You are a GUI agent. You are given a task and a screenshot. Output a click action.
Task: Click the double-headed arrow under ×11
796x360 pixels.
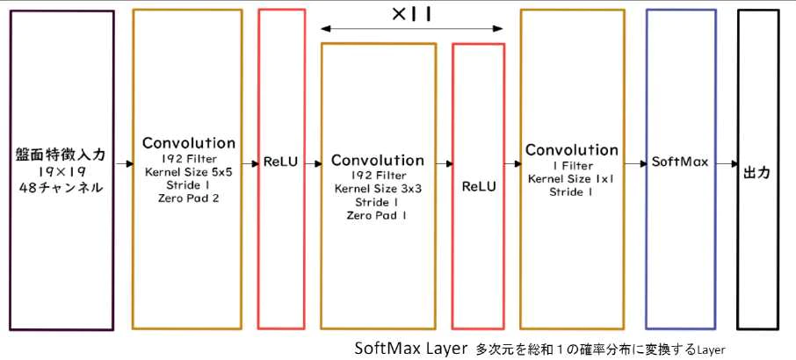(x=412, y=29)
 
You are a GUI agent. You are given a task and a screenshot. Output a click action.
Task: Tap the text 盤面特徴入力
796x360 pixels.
(x=62, y=155)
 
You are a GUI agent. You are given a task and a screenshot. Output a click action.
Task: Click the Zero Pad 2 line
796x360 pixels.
(x=188, y=199)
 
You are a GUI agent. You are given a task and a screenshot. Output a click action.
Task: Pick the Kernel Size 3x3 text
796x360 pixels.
(x=378, y=189)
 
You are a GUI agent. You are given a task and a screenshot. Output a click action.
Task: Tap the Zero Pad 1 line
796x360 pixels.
(x=378, y=215)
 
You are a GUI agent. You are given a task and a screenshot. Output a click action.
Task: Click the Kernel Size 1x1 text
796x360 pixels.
(x=571, y=178)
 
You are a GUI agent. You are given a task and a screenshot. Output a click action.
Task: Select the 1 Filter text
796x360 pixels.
(x=571, y=165)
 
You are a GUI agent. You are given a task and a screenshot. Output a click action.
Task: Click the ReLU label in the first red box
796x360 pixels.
(x=282, y=163)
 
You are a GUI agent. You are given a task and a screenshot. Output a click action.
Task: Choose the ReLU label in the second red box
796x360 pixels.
(x=478, y=186)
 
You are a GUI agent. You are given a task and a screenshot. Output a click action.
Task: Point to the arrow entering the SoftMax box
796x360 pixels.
(x=634, y=163)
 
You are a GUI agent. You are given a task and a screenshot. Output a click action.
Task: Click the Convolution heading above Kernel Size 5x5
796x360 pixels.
(x=188, y=142)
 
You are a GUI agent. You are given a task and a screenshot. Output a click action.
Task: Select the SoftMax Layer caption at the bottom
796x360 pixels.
(x=410, y=348)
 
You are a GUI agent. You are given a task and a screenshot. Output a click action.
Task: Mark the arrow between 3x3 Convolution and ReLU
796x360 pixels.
(x=444, y=163)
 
